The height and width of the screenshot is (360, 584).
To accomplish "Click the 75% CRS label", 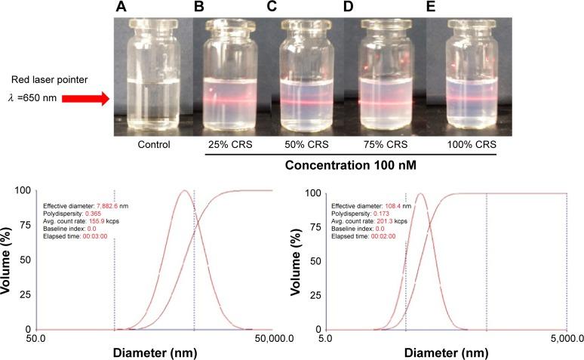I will tap(386, 144).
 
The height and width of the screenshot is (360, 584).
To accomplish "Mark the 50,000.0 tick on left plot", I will tap(273, 338).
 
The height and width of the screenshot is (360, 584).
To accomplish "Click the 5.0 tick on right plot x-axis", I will tap(325, 338).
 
